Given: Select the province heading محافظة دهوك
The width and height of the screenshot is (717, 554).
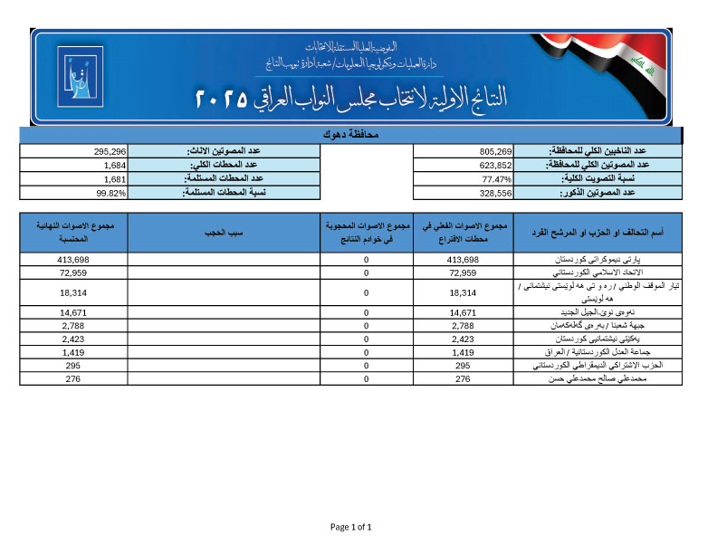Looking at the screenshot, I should (351, 134).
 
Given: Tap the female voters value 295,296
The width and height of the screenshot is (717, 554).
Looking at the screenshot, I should (109, 151).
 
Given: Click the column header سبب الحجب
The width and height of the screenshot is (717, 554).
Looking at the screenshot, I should (225, 233).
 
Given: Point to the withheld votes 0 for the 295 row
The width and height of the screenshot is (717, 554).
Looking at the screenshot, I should (366, 365).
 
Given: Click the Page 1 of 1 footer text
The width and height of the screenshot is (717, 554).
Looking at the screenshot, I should (351, 527).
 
